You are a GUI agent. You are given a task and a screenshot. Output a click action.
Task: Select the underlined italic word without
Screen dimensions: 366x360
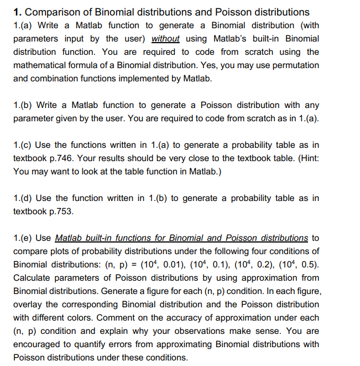(165, 39)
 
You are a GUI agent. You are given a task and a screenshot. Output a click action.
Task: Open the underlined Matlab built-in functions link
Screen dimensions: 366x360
(181, 238)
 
